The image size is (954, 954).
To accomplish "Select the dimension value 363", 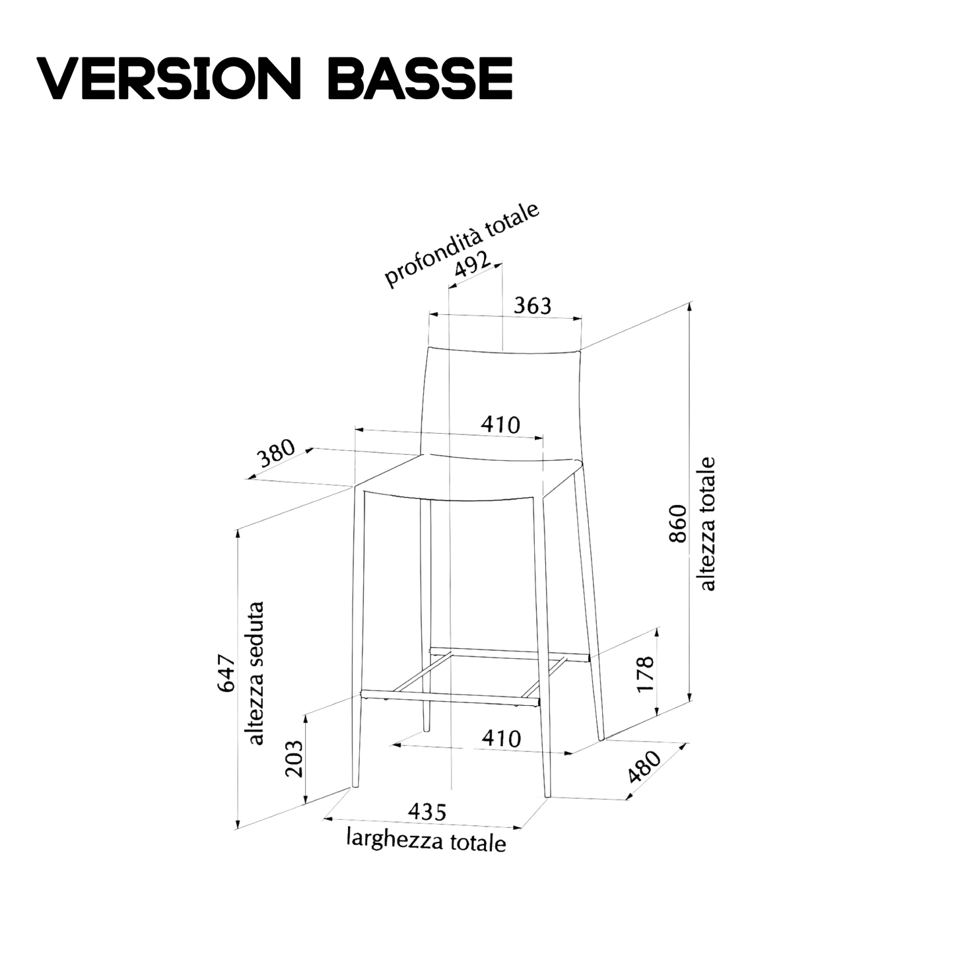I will (532, 306).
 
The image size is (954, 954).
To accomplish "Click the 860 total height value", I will (678, 524).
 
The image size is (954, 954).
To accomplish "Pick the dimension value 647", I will (226, 673).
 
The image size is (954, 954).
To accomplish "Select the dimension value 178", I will (646, 673).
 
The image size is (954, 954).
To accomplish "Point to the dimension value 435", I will (427, 811).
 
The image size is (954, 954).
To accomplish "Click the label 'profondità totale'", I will (462, 244).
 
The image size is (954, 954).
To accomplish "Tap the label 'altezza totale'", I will (707, 524).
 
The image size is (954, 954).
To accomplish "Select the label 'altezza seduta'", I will (256, 673).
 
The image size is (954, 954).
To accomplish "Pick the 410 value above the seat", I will (500, 425).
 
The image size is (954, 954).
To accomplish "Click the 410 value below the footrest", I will (501, 738).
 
